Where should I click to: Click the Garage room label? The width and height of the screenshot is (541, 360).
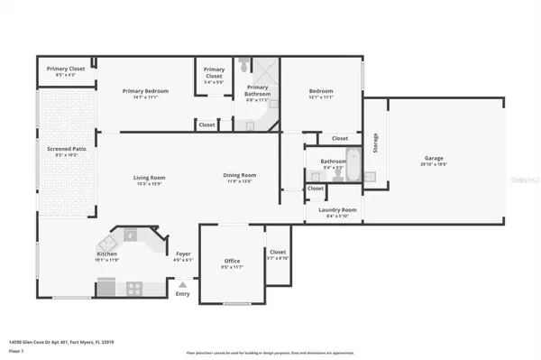coord(434,159)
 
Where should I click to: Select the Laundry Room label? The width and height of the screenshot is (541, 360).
coord(338,210)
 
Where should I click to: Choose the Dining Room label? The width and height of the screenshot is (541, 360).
coord(240,175)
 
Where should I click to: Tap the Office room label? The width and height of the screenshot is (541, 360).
coord(233,262)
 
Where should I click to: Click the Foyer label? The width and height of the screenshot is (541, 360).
coord(183,255)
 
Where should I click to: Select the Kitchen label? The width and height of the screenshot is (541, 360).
coord(106,255)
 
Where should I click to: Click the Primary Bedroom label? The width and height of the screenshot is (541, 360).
coord(146,91)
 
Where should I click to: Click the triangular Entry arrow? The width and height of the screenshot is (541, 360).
coord(183,285)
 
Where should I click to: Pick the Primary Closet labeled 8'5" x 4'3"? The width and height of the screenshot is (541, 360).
coord(66,71)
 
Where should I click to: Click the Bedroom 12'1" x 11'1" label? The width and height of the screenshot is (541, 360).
coord(321,93)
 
